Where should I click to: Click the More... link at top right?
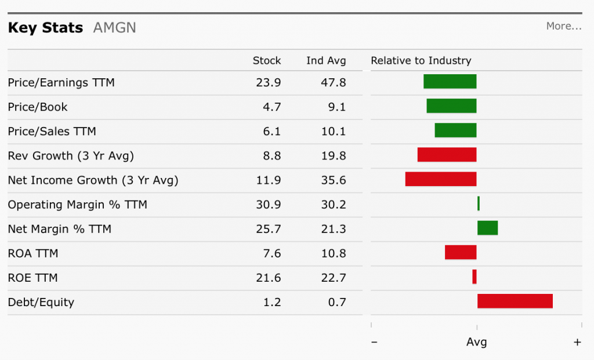563,26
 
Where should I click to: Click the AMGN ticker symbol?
114,28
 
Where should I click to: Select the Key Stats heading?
45,28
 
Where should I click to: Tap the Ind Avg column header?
326,60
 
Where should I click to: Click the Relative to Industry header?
421,60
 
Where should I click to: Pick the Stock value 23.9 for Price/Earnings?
268,82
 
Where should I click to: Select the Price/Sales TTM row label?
52,131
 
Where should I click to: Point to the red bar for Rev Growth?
447,155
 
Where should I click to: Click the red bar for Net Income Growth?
441,179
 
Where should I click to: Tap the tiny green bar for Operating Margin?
479,203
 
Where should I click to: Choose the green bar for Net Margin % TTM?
487,228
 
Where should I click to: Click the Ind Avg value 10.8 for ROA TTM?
334,253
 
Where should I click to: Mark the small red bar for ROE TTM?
475,277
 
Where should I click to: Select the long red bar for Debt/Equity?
515,301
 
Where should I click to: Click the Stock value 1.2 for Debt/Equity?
272,302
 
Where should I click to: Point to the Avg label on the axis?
476,342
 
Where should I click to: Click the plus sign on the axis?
577,342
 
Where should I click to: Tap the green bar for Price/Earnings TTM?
450,82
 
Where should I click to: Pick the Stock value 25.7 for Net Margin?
268,229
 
